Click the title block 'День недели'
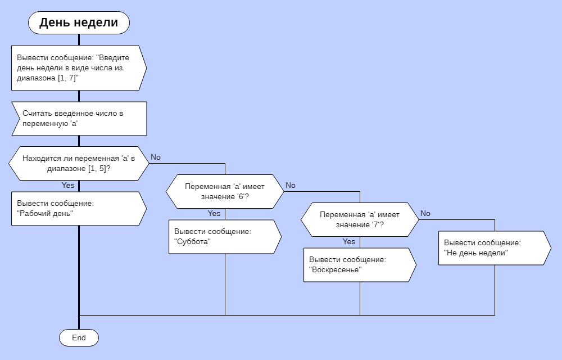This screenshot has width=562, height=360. click(79, 23)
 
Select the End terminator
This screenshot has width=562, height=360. click(79, 337)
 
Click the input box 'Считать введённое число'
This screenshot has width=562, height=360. click(79, 118)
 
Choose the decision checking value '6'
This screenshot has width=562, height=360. click(225, 191)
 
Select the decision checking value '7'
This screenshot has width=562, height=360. click(360, 219)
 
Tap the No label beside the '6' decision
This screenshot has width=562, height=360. click(291, 186)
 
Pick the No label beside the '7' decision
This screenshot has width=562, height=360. click(425, 214)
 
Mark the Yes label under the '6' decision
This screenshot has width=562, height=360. click(214, 214)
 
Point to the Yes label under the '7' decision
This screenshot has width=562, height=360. click(349, 242)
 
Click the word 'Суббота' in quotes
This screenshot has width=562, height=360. click(193, 242)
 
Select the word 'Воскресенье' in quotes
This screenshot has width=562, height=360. click(336, 270)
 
